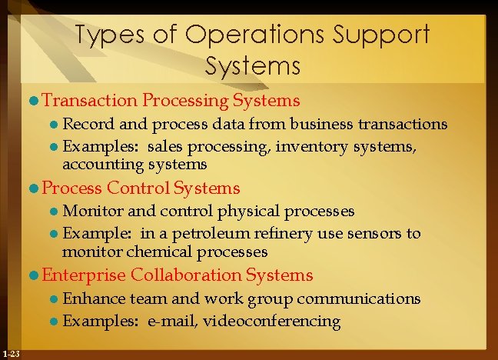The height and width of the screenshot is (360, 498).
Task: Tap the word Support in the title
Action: click(382, 35)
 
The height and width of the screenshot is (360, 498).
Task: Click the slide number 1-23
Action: click(12, 353)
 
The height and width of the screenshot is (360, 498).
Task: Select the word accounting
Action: click(97, 165)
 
